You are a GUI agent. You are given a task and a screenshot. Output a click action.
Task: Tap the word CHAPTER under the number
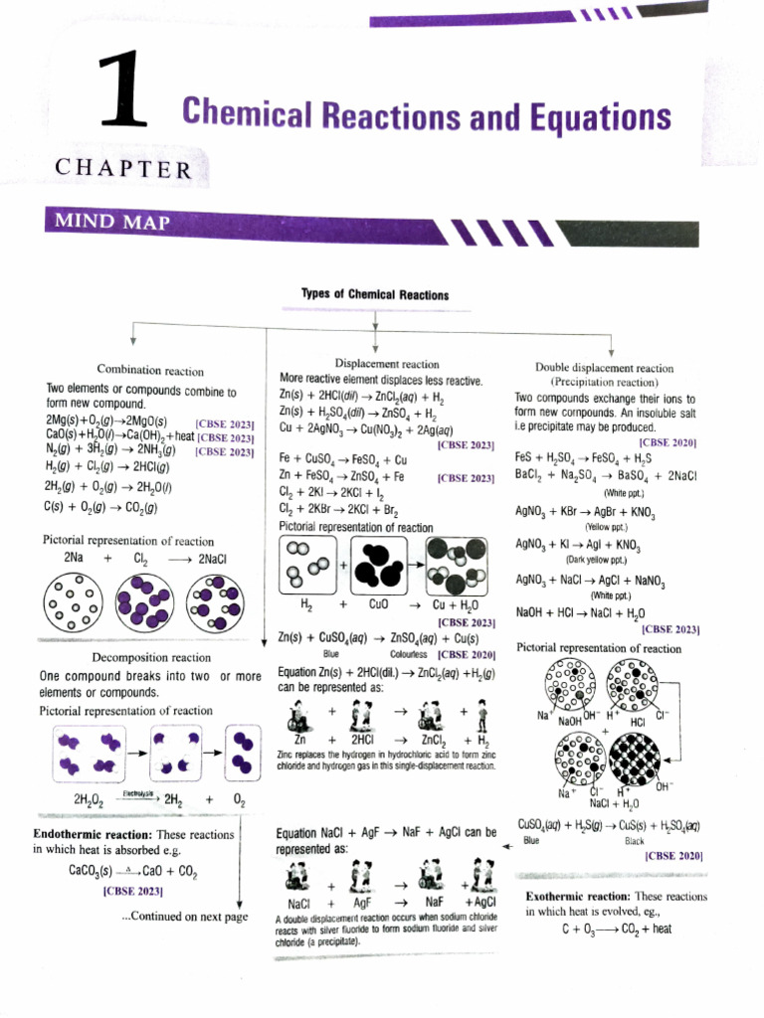coord(124,168)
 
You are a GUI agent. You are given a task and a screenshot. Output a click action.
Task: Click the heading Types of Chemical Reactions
coord(374,294)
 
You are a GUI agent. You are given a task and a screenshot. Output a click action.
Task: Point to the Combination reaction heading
coord(150,371)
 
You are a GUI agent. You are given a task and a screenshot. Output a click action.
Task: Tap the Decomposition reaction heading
coord(151,657)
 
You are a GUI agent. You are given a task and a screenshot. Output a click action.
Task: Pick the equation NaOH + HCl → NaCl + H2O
coord(580,612)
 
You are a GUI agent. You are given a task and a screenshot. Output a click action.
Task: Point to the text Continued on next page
coord(184,917)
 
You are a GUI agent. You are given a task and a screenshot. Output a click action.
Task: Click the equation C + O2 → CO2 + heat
coord(617,929)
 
